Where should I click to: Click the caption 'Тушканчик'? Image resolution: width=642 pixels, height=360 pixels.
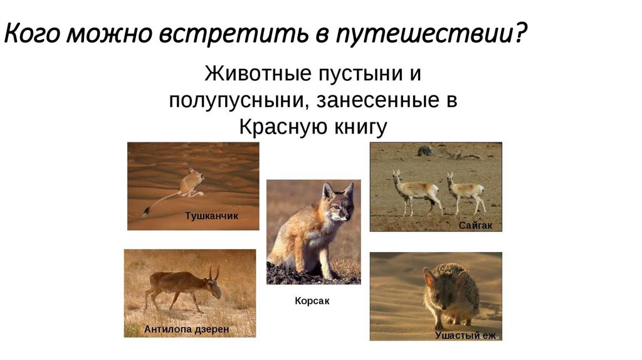pyautogui.click(x=211, y=216)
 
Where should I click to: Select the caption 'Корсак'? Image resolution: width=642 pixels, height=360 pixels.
pyautogui.click(x=312, y=301)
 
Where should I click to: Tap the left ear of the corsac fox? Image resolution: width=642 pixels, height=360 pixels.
pyautogui.click(x=327, y=190)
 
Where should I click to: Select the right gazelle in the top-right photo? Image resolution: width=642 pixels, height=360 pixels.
pyautogui.click(x=466, y=191)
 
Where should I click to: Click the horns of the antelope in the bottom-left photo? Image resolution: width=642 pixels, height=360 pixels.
pyautogui.click(x=214, y=272)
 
